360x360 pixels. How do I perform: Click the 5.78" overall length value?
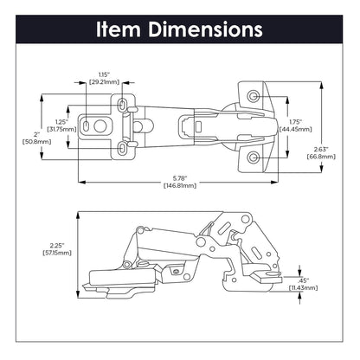180,177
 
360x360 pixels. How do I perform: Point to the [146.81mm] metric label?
180,187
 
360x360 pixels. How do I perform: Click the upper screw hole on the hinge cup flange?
254,93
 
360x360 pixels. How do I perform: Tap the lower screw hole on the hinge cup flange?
254,157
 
